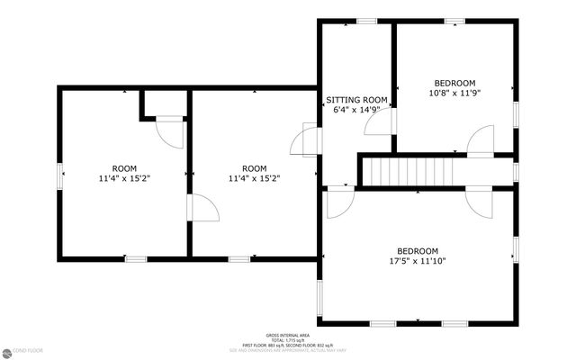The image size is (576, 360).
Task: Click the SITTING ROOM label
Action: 356,100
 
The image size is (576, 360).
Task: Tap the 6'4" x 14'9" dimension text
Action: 356,110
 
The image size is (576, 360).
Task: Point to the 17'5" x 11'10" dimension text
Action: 418,261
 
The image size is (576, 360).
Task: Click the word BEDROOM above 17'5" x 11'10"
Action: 418,251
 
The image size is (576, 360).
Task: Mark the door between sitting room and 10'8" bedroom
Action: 380,122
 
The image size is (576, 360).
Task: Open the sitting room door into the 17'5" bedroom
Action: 339,203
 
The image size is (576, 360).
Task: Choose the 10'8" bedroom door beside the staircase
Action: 481,141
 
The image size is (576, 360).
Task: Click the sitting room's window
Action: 365,21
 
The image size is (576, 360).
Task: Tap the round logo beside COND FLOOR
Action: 7,351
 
